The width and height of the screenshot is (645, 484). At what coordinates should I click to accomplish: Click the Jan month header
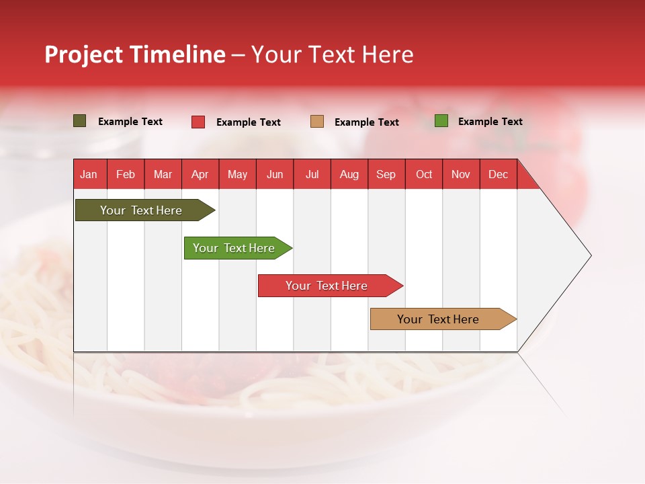89,174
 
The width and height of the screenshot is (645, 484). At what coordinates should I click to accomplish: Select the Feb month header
126,174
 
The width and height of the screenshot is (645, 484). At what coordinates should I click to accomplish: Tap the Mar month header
163,174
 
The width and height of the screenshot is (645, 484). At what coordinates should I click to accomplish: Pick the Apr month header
200,174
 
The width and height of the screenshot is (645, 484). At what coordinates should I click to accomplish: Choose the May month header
237,174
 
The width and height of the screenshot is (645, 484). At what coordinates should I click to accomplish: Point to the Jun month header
275,174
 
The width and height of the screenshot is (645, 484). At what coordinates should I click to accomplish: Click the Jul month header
312,174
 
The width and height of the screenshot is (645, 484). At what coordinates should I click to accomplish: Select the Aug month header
349,174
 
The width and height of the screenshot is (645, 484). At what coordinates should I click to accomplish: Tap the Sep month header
386,174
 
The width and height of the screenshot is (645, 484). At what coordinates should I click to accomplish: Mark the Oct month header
424,174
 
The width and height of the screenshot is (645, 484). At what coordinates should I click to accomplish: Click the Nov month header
461,174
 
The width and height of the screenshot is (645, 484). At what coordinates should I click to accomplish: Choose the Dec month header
499,174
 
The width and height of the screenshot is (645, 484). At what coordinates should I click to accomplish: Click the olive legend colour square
80,121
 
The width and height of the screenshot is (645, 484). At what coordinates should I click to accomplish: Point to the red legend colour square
198,122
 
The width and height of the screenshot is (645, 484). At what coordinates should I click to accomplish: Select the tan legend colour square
317,121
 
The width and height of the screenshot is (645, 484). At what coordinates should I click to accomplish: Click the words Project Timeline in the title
135,54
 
